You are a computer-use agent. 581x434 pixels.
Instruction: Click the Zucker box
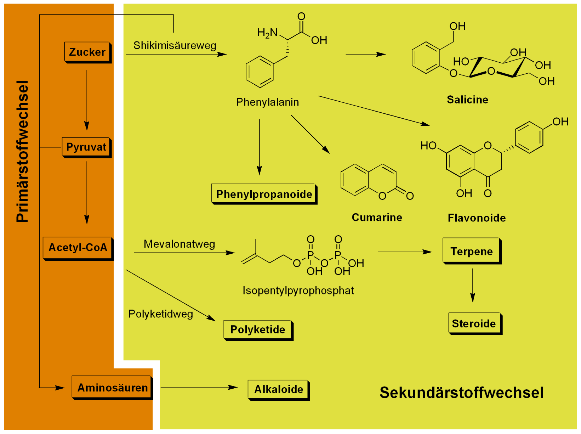(x=87, y=52)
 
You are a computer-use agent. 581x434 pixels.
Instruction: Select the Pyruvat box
(x=86, y=147)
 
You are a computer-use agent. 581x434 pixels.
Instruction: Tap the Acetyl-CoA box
(x=78, y=248)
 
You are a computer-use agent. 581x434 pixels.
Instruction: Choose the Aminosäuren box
(x=112, y=388)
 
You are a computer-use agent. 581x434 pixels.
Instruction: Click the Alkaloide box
(x=279, y=389)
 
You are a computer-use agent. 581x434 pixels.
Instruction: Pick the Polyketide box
(x=258, y=330)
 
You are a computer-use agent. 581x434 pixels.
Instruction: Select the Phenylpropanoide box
(x=264, y=194)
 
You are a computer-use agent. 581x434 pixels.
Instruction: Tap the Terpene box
(x=472, y=251)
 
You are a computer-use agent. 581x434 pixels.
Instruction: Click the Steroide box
(x=474, y=323)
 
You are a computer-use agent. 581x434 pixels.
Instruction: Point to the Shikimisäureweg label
(x=175, y=46)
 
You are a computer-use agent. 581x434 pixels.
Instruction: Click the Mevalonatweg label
(x=179, y=244)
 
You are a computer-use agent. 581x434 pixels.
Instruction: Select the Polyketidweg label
(x=160, y=314)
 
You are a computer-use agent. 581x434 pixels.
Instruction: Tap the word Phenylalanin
(x=267, y=102)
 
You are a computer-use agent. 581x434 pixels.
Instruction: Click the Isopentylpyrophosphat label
(x=298, y=291)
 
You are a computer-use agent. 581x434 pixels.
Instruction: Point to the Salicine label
(x=467, y=100)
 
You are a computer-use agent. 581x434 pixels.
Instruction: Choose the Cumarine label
(x=377, y=218)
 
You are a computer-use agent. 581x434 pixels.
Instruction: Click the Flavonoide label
(x=477, y=218)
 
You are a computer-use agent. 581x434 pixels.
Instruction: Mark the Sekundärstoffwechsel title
(x=461, y=393)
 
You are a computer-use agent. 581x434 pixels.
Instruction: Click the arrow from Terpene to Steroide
(x=473, y=285)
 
